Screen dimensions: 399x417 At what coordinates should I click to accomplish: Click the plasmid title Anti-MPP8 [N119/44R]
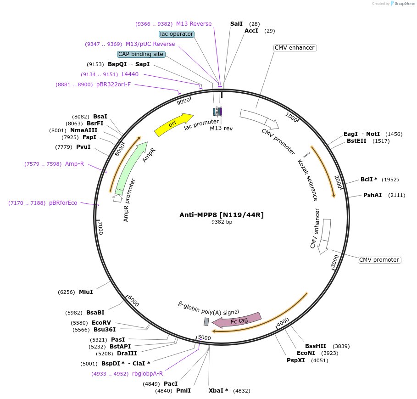point(222,214)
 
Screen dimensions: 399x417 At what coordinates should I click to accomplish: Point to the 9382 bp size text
point(222,222)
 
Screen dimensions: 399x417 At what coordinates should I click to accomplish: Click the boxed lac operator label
point(177,34)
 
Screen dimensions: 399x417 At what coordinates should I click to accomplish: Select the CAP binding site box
point(141,54)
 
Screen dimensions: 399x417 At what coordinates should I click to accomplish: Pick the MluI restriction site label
point(86,292)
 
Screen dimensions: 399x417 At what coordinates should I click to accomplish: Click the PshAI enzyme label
point(373,195)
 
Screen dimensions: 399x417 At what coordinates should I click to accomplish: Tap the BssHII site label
point(316,346)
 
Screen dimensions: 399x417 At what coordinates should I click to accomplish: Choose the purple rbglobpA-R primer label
point(147,374)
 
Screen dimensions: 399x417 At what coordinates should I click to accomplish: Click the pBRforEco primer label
point(63,203)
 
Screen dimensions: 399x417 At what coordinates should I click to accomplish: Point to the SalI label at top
point(236,23)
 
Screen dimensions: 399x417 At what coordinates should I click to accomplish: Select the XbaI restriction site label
point(218,391)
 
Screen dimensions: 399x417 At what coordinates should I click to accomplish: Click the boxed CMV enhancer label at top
point(295,48)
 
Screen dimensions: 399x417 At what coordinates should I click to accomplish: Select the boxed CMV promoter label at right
point(379,260)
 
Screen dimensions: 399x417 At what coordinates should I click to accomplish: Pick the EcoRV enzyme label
point(101,323)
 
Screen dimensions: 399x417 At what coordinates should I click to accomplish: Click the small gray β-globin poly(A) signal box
point(206,321)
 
